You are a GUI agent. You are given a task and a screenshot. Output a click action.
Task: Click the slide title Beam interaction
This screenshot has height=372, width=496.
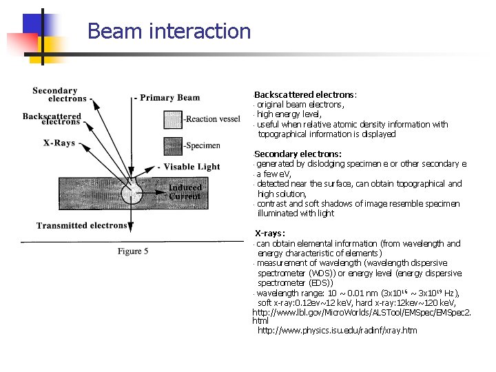tap(169, 32)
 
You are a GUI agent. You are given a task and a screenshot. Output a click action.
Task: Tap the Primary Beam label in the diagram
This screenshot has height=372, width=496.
tap(169, 98)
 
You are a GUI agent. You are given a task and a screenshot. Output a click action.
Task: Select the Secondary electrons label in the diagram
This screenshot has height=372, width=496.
tap(55, 94)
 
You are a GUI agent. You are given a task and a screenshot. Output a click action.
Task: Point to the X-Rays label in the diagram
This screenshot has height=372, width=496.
tap(59, 143)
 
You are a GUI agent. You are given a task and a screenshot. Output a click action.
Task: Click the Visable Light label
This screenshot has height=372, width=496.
tap(192, 167)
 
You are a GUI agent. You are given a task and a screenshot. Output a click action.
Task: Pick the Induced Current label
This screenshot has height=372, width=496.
tap(185, 192)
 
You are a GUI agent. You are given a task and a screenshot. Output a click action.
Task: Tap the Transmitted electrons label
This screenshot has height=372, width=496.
tap(82, 225)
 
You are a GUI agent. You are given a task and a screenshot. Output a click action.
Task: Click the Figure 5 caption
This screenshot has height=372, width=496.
tap(133, 251)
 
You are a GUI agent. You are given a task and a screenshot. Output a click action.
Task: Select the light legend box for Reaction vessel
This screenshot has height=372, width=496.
tap(173, 118)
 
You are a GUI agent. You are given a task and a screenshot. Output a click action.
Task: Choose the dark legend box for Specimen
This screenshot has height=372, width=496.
tap(173, 145)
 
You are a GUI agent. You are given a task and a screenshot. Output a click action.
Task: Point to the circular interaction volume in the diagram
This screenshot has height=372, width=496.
tap(132, 190)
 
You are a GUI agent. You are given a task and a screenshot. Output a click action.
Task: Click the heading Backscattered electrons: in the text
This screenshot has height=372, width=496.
tap(306, 95)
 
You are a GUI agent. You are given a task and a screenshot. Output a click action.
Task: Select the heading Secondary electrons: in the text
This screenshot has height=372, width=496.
tap(298, 154)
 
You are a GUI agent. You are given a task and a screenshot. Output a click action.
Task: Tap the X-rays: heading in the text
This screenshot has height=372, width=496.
tap(270, 234)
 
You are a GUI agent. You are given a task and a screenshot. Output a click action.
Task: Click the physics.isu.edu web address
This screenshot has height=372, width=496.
tap(337, 331)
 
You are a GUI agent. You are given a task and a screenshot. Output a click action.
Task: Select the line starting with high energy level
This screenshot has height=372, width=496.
tap(289, 114)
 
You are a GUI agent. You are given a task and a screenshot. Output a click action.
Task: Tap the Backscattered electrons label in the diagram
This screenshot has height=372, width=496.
tap(52, 118)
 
